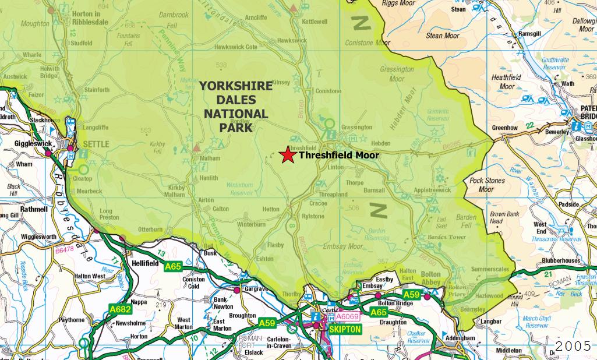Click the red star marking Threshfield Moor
(287, 155)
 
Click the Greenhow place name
(504, 128)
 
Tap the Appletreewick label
(432, 190)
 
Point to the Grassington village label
(356, 127)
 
